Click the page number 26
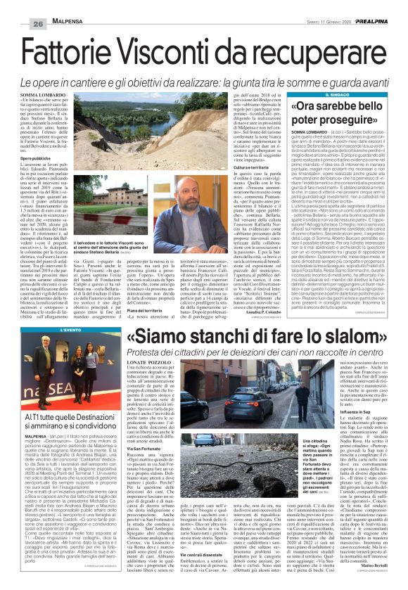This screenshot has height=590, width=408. tap(18, 6)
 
